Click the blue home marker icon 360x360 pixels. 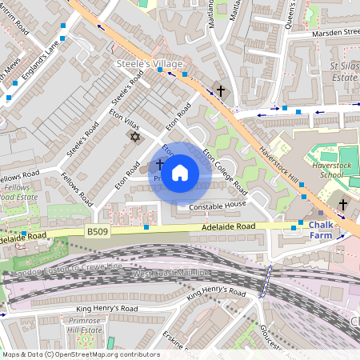(x=180, y=172)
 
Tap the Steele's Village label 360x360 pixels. (x=150, y=63)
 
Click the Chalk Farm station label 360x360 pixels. (x=325, y=230)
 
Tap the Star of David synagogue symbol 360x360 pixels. (x=134, y=137)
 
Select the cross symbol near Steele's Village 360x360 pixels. (x=221, y=91)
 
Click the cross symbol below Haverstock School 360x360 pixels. (x=342, y=205)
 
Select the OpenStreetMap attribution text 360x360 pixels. (x=80, y=354)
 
